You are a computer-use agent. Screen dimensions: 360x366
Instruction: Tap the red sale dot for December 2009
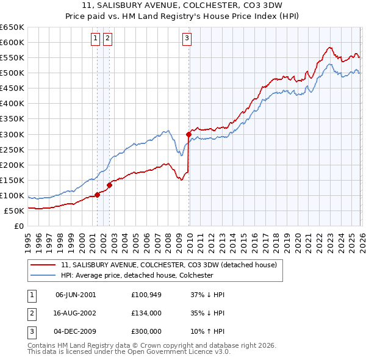pos(188,134)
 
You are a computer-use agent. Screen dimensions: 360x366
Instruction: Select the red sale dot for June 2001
pos(97,195)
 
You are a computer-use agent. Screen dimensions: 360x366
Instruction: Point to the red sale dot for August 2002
pos(110,185)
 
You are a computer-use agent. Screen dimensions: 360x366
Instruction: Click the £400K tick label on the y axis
pos(12,104)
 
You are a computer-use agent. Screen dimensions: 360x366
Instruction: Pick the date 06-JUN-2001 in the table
pos(76,295)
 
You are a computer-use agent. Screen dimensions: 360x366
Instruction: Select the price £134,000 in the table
pos(146,313)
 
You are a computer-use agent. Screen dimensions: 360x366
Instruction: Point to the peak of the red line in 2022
pos(329,47)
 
